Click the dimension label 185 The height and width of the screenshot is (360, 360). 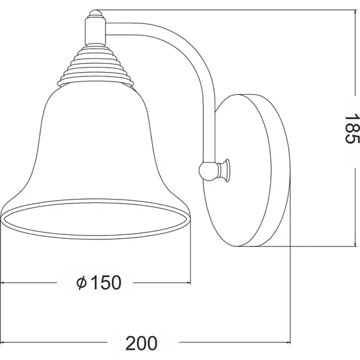click(352, 129)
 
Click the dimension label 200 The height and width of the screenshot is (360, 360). click(141, 344)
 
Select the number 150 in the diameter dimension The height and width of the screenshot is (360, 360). click(106, 282)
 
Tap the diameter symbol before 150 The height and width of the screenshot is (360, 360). click(81, 283)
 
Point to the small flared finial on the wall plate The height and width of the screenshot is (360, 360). click(224, 171)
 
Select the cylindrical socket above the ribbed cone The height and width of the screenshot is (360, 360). click(95, 32)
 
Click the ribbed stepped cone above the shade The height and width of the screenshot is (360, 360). click(95, 65)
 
